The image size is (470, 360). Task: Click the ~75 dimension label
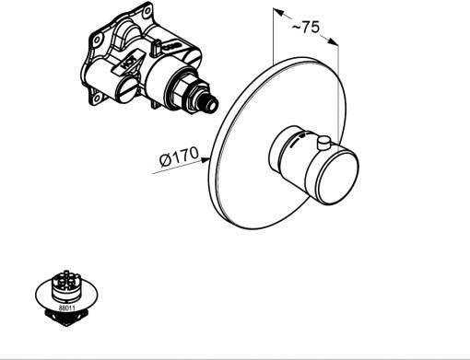pos(306,27)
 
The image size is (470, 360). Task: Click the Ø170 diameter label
pos(179,157)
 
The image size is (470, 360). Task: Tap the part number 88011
pos(67,307)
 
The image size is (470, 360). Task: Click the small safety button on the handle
pos(323,144)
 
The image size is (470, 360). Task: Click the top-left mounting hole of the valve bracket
pos(97,40)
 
